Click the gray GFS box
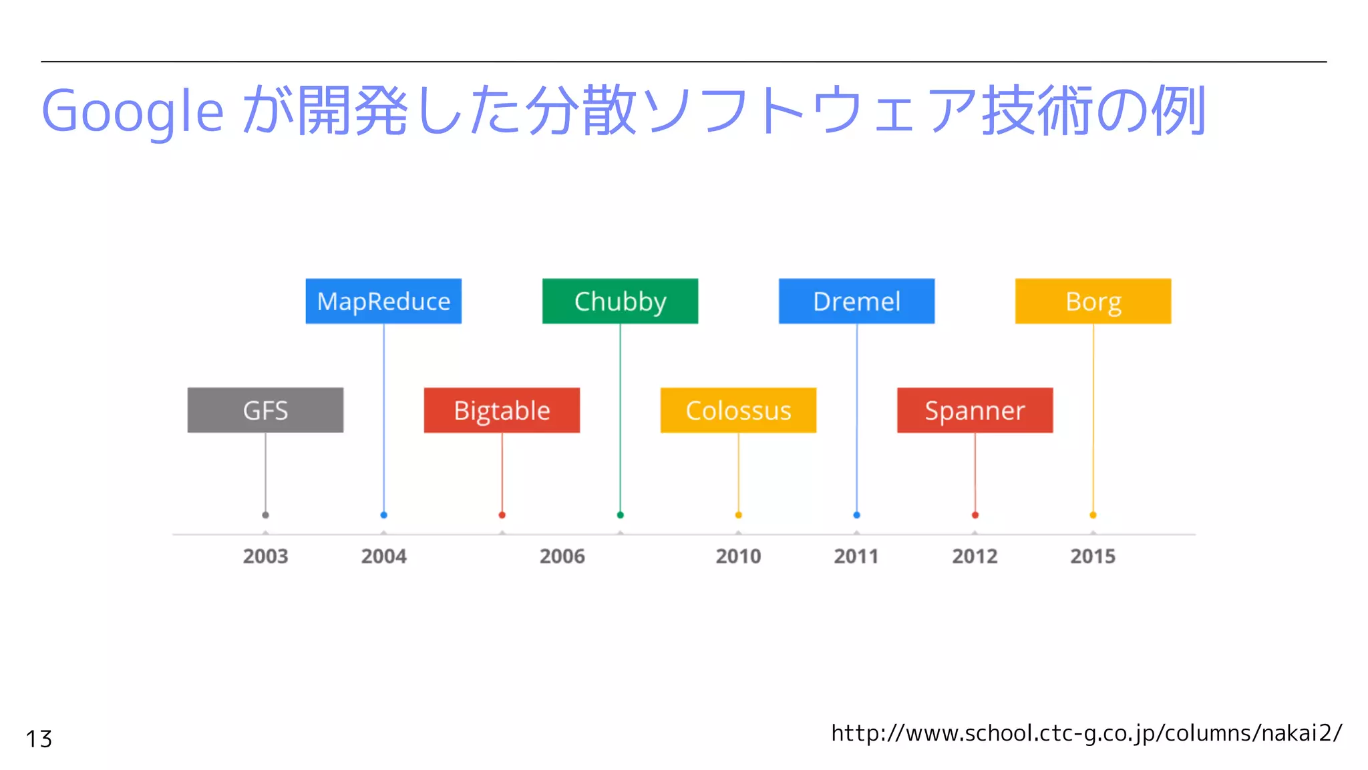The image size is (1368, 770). tap(265, 410)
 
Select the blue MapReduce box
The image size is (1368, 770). tap(383, 301)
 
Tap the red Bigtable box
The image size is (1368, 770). tap(502, 410)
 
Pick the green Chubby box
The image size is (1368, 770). tap(620, 301)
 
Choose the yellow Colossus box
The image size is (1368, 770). tap(738, 410)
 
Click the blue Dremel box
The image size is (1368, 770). tap(856, 301)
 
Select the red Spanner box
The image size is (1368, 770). tap(975, 410)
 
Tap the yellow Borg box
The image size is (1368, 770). tap(1093, 301)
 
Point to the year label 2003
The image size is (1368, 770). tap(265, 556)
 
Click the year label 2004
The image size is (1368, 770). tap(383, 556)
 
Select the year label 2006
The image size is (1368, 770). tap(562, 556)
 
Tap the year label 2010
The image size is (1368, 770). tap(738, 556)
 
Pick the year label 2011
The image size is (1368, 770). tap(856, 556)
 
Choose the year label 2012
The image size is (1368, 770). tap(975, 556)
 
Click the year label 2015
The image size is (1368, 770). tap(1093, 556)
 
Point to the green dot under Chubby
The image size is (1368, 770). tap(620, 515)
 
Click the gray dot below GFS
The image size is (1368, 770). tap(265, 515)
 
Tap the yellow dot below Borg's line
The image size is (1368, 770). tap(1093, 515)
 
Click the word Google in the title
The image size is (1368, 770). tap(132, 112)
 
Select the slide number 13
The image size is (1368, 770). tap(39, 739)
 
